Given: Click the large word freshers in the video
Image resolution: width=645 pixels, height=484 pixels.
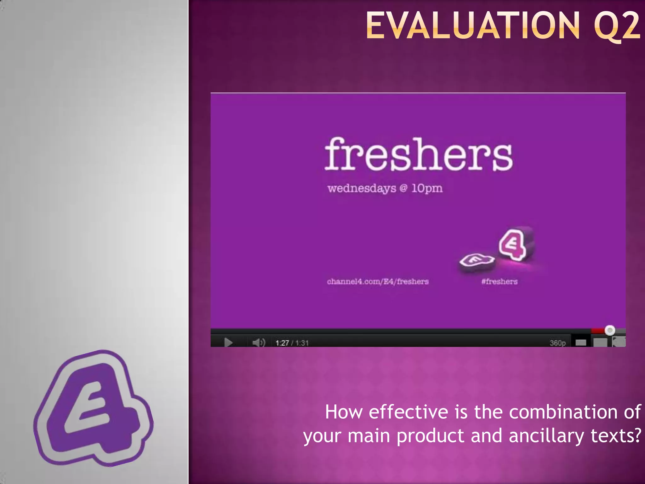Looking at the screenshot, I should coord(419,154).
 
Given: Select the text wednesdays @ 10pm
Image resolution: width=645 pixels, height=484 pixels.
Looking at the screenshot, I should coord(385,188).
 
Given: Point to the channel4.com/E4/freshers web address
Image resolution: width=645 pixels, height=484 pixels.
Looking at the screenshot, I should coord(378,281).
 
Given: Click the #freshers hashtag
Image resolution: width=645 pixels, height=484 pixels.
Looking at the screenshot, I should coord(499,281).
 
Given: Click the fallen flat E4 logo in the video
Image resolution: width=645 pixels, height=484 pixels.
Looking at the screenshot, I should coord(476,261).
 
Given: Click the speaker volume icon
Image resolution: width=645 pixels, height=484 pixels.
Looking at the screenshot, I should coord(259,343).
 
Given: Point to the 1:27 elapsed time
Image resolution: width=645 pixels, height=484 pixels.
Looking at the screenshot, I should coord(282,343).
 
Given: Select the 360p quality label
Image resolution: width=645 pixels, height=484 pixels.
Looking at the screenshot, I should coord(557,343).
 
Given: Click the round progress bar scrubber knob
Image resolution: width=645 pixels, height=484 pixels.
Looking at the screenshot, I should coord(610,330).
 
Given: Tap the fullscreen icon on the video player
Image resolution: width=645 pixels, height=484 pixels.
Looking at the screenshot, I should coord(619,342).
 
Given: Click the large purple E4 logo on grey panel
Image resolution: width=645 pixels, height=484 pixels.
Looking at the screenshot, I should coord(93,410).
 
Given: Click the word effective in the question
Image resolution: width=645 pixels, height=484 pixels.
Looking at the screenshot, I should coord(408,412).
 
